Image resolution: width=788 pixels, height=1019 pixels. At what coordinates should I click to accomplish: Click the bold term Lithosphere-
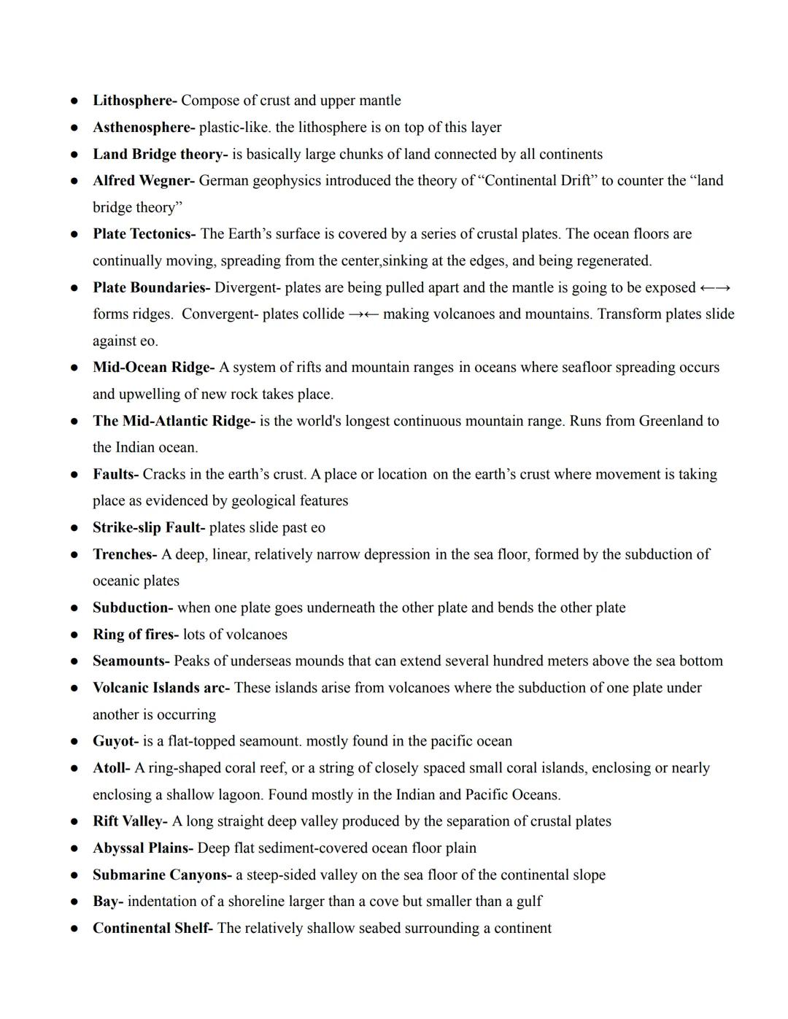[x=134, y=101]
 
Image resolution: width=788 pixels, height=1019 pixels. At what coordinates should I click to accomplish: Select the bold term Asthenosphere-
[x=143, y=128]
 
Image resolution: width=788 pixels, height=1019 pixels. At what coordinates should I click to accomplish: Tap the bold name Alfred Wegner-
[x=143, y=181]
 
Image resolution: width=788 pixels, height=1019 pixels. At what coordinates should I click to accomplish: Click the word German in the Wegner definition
[x=223, y=181]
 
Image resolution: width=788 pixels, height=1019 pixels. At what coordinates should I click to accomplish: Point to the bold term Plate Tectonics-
[x=144, y=234]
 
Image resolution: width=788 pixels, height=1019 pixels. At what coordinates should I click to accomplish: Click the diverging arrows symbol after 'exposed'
[x=715, y=288]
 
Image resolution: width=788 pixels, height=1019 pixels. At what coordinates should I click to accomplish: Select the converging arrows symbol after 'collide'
[x=363, y=314]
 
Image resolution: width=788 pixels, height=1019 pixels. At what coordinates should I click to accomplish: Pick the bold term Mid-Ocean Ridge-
[x=153, y=368]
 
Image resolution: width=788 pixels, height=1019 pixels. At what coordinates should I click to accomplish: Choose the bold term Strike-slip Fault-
[x=149, y=527]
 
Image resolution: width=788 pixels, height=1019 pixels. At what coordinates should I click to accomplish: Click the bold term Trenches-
[x=125, y=554]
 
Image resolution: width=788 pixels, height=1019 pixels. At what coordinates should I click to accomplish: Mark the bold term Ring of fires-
[x=135, y=635]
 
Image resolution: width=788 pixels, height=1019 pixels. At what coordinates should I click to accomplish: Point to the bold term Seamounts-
[x=131, y=661]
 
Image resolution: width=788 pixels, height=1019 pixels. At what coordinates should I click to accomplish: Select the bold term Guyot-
[x=115, y=741]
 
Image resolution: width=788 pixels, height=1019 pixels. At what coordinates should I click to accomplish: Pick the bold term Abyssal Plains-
[x=142, y=848]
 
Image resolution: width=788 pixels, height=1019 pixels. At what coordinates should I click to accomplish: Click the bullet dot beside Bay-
[x=74, y=902]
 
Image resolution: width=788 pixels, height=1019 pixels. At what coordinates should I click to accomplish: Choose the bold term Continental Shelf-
[x=152, y=929]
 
